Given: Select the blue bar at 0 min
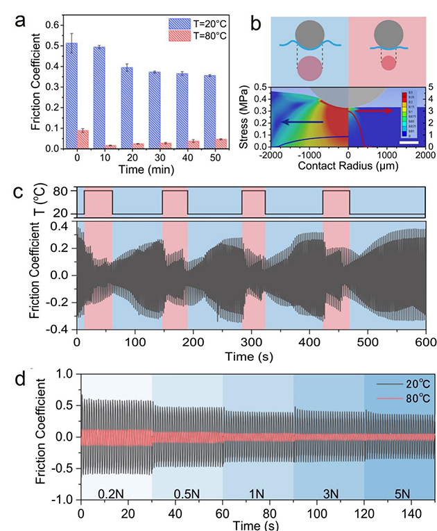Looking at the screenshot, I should click(70, 96).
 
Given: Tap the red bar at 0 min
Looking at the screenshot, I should click(82, 140).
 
